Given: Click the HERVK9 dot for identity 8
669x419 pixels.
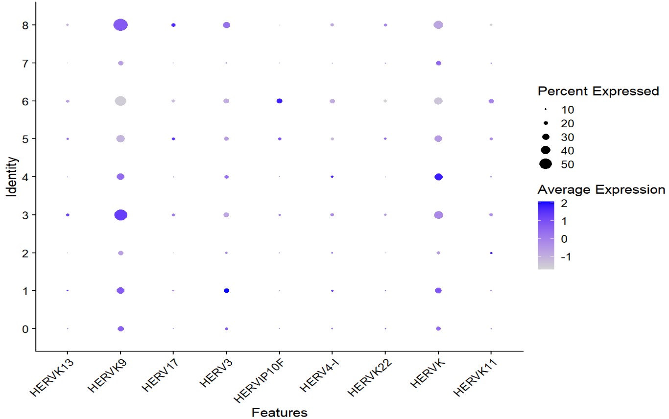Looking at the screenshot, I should point(120,25).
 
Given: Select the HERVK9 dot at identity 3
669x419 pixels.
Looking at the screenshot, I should point(120,215).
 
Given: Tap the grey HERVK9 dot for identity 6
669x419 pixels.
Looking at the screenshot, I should point(120,101).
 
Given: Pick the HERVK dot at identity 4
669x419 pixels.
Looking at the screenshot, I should point(438,177).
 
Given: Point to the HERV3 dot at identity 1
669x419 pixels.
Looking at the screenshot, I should point(226,291).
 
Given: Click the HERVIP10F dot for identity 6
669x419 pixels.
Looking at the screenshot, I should point(279,101).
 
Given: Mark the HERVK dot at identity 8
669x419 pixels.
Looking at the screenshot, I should point(438,25).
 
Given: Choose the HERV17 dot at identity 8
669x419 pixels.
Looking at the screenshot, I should point(173,25).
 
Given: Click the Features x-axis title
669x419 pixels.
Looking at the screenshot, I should point(279,413).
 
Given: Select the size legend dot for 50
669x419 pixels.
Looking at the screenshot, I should point(546,164).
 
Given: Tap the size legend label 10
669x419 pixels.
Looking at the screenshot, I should point(568,109).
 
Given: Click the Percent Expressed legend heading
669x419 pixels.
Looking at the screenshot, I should point(597,91).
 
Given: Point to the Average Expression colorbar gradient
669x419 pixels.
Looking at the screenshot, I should point(546,235).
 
